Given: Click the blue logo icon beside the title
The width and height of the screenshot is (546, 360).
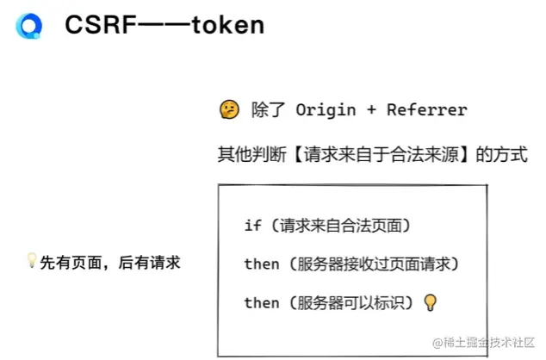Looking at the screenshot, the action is [28, 27].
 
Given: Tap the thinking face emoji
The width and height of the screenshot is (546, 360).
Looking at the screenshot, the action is [229, 109].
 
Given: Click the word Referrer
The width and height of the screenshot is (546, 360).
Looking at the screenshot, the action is [426, 109].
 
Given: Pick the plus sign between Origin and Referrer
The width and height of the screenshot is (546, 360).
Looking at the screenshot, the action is [369, 109].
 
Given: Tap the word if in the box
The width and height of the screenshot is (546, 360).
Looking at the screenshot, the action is [252, 226].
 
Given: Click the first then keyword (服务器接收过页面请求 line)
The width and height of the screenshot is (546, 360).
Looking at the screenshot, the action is [262, 264].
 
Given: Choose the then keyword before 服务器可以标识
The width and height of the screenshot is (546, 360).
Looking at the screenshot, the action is [262, 302].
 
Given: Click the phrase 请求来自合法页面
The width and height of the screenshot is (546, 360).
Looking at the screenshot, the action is [340, 226].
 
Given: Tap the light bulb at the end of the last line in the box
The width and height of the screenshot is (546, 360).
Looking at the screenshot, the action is [431, 302].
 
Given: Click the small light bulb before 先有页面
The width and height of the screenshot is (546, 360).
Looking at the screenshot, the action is [32, 261].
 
